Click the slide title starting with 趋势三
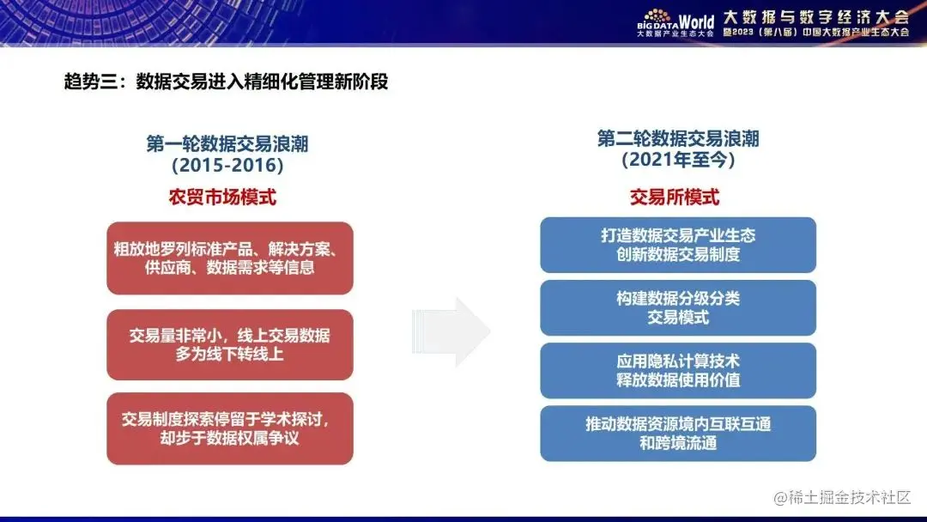(x=226, y=82)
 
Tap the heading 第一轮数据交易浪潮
(x=227, y=143)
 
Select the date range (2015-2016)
(x=227, y=165)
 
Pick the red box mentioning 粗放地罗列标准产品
(x=230, y=258)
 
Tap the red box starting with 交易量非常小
(x=230, y=344)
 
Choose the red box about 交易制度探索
(x=230, y=428)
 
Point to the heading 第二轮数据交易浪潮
(x=678, y=138)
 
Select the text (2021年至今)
(x=678, y=160)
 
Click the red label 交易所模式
(x=675, y=197)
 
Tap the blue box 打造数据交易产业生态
(x=678, y=245)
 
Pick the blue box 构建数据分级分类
(x=678, y=307)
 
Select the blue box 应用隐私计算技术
(x=678, y=370)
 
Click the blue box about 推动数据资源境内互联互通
(x=678, y=433)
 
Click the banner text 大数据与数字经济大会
(x=815, y=16)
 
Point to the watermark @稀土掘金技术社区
(x=842, y=497)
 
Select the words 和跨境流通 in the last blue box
(x=678, y=443)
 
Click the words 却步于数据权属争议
(x=230, y=439)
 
